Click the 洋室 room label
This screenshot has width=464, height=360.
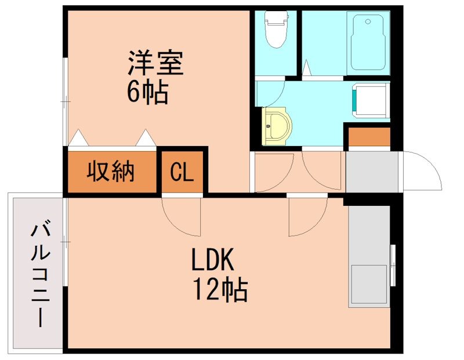155,64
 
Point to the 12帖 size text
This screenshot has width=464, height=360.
220,289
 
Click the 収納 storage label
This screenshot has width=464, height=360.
111,172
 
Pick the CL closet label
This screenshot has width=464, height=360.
182,172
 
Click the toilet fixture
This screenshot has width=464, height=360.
275,29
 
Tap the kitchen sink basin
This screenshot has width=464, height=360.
368,285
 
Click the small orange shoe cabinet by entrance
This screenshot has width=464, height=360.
368,137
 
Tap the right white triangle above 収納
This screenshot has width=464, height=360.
146,139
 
